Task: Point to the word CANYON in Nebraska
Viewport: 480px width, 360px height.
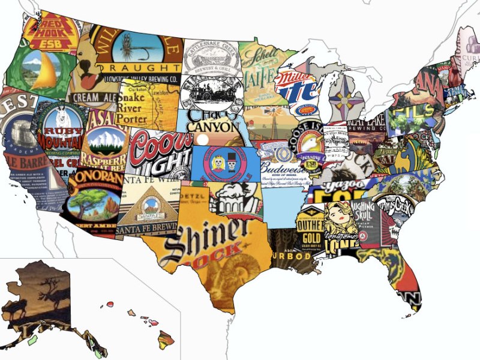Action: [212, 127]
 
